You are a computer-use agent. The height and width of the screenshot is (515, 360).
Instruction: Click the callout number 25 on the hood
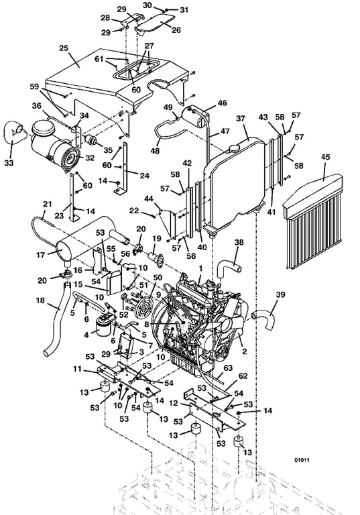pos(64,48)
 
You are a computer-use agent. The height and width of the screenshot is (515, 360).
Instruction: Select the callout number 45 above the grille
pos(325,158)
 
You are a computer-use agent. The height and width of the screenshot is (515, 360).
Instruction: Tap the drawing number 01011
pos(302,460)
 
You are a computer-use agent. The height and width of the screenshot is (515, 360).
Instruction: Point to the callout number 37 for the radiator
pos(241,119)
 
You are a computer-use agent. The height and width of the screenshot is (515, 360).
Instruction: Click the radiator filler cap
pos(234,148)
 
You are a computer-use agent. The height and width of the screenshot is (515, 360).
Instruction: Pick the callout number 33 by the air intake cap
pos(9,162)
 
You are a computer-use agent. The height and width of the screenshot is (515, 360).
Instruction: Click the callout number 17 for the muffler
pos(40,255)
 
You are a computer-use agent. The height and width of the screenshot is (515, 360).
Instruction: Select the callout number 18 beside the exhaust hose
pos(40,300)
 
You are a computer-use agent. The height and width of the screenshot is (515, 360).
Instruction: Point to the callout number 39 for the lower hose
pos(280,294)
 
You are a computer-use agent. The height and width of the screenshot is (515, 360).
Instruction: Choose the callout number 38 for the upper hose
pos(239,242)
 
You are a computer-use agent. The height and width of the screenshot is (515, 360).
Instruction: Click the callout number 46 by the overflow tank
pos(223,103)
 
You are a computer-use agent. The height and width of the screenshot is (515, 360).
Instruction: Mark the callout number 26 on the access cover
pos(176,30)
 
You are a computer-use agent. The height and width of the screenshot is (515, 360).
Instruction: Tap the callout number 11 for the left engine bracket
pos(77,369)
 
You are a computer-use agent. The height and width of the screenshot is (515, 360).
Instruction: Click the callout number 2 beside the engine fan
pos(245,351)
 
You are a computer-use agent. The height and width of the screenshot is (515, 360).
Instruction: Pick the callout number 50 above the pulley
pos(158,278)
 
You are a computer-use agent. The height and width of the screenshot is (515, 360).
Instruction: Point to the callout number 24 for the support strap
pos(145,176)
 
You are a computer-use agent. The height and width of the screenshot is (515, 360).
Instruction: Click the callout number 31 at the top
pos(184,10)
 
